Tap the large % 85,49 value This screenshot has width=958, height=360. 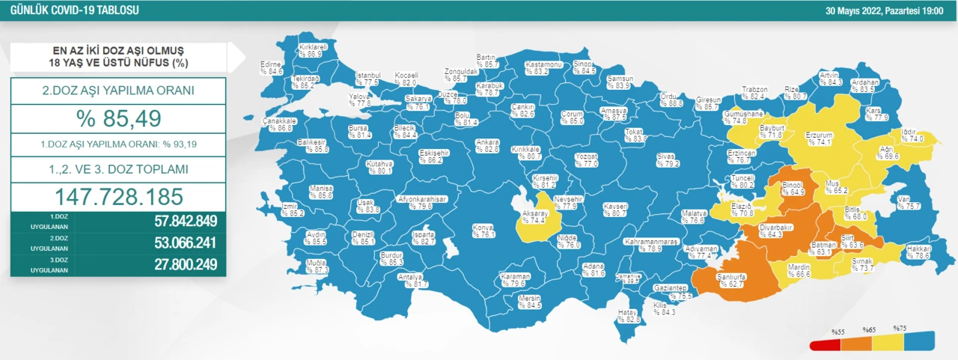coord(118,119)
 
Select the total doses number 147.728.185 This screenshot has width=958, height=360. coord(118,196)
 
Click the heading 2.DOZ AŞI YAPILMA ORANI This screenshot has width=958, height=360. coord(118,91)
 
